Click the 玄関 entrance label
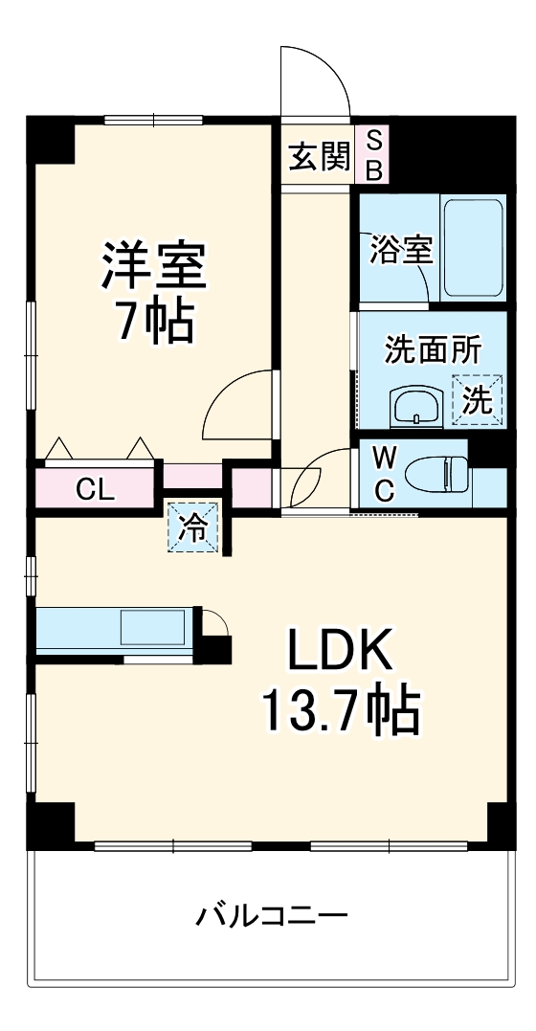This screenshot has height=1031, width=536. (320, 156)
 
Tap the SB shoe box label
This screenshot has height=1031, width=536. (374, 156)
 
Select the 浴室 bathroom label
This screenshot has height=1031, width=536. (402, 251)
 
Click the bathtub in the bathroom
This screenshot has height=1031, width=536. (474, 248)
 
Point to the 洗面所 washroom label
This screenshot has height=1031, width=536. (433, 349)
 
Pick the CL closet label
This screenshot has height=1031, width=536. (96, 490)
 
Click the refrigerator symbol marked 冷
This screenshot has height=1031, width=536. (194, 527)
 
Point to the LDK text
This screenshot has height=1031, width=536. (342, 655)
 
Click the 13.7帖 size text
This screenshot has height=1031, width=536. (341, 710)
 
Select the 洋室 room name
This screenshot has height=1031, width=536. (155, 266)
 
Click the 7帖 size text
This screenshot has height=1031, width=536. (155, 323)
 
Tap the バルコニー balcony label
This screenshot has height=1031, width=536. (272, 916)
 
